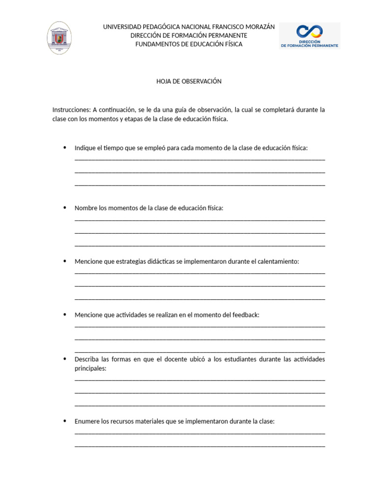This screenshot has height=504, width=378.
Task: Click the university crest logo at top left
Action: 59,38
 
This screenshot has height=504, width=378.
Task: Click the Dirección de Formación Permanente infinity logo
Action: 309,35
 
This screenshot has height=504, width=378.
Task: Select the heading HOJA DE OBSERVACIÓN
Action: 189,81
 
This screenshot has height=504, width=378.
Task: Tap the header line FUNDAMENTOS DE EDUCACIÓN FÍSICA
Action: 189,44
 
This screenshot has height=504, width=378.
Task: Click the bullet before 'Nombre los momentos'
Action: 64,208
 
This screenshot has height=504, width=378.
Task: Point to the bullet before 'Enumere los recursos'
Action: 64,421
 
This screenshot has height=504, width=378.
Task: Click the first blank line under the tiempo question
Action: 200,159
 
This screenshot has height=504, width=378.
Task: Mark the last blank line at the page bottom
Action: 200,445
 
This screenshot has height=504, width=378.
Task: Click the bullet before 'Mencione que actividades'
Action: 64,315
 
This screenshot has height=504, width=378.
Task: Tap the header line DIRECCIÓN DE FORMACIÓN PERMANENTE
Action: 189,35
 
